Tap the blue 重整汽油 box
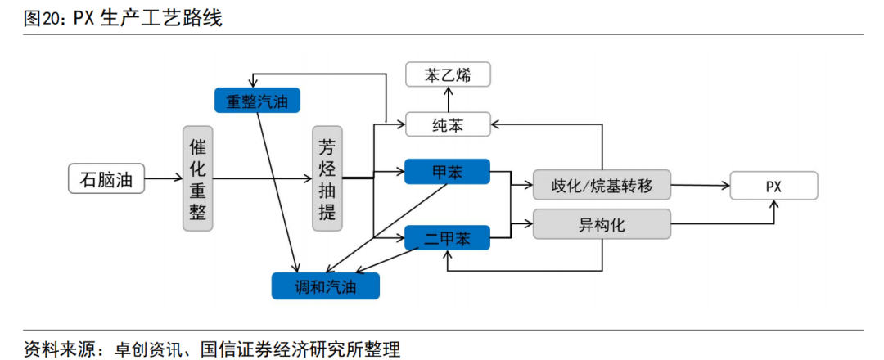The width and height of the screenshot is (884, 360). (257, 100)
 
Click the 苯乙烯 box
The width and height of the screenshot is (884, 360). (449, 75)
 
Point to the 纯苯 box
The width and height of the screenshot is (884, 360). (449, 124)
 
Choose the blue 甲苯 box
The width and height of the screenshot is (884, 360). (447, 172)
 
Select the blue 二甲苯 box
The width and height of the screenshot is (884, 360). (447, 239)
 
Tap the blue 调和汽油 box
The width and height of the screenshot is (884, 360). (326, 285)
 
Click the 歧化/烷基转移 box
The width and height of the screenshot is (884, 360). (602, 185)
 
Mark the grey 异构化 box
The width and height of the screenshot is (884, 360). (602, 224)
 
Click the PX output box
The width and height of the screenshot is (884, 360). (773, 186)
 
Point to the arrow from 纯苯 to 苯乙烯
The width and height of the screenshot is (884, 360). (448, 99)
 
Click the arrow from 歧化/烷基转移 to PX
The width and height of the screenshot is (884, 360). (700, 186)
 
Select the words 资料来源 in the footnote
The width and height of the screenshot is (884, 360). (51, 347)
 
